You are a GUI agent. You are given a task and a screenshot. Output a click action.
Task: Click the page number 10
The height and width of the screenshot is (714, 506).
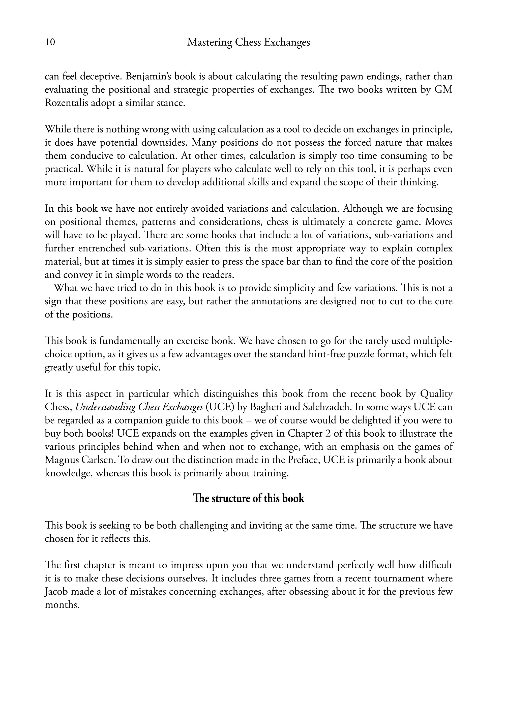tap(50, 42)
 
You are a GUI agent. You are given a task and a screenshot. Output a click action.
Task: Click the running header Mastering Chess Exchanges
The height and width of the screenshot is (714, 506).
tap(248, 42)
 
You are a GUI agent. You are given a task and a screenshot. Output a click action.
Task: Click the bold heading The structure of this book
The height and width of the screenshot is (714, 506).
tap(248, 498)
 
